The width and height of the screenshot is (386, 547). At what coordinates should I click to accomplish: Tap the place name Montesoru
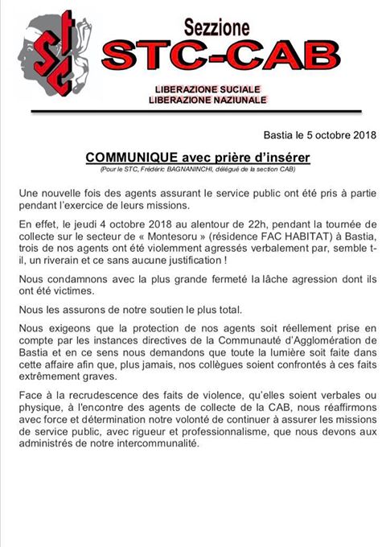(180, 239)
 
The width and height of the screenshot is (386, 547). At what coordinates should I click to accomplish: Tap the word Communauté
(242, 346)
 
